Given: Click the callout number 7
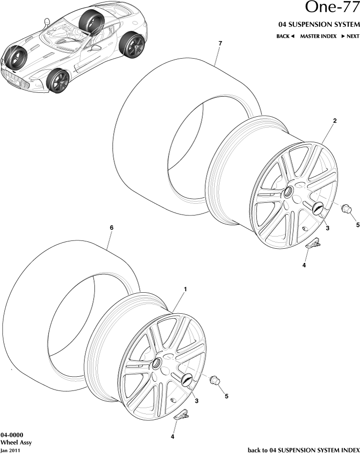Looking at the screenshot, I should pyautogui.click(x=220, y=44).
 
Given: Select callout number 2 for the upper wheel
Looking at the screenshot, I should pyautogui.click(x=334, y=120).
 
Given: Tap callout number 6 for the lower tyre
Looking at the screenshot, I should pyautogui.click(x=111, y=227).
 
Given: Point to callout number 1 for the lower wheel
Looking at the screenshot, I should pyautogui.click(x=185, y=289).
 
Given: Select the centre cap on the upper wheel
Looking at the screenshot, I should pyautogui.click(x=318, y=208).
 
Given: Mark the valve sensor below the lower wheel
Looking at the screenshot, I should pyautogui.click(x=182, y=415).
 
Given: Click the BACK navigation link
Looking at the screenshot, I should pyautogui.click(x=285, y=36).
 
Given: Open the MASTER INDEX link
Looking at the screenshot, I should pyautogui.click(x=318, y=36).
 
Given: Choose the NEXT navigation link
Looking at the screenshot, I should pyautogui.click(x=350, y=36).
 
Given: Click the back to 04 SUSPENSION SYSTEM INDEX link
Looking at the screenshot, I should pyautogui.click(x=303, y=449).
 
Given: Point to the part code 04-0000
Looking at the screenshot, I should pyautogui.click(x=12, y=434).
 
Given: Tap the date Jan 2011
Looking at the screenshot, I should pyautogui.click(x=10, y=450).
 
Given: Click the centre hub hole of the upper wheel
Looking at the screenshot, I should pyautogui.click(x=289, y=191).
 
